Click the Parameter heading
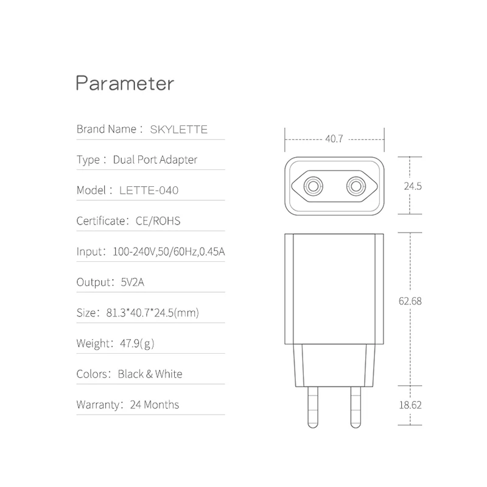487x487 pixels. tap(125, 83)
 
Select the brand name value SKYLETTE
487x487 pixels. tap(178, 129)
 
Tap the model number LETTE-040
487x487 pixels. tap(149, 190)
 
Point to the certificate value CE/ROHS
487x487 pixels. tap(158, 221)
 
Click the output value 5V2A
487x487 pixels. tap(132, 282)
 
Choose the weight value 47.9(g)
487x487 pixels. tap(137, 343)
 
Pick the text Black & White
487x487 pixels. tap(150, 374)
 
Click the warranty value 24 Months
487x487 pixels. tap(155, 404)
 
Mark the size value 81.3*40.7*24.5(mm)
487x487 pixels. tap(153, 313)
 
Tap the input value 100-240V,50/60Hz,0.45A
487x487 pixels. tap(169, 251)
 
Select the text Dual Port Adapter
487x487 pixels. tap(155, 159)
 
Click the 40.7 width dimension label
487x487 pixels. tap(334, 139)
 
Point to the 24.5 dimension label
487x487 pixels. tap(413, 186)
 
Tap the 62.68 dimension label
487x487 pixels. tap(410, 301)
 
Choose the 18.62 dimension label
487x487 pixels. tap(410, 405)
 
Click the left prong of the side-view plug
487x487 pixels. tap(313, 407)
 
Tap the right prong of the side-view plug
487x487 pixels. tap(356, 407)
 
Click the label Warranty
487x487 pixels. tap(98, 404)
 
